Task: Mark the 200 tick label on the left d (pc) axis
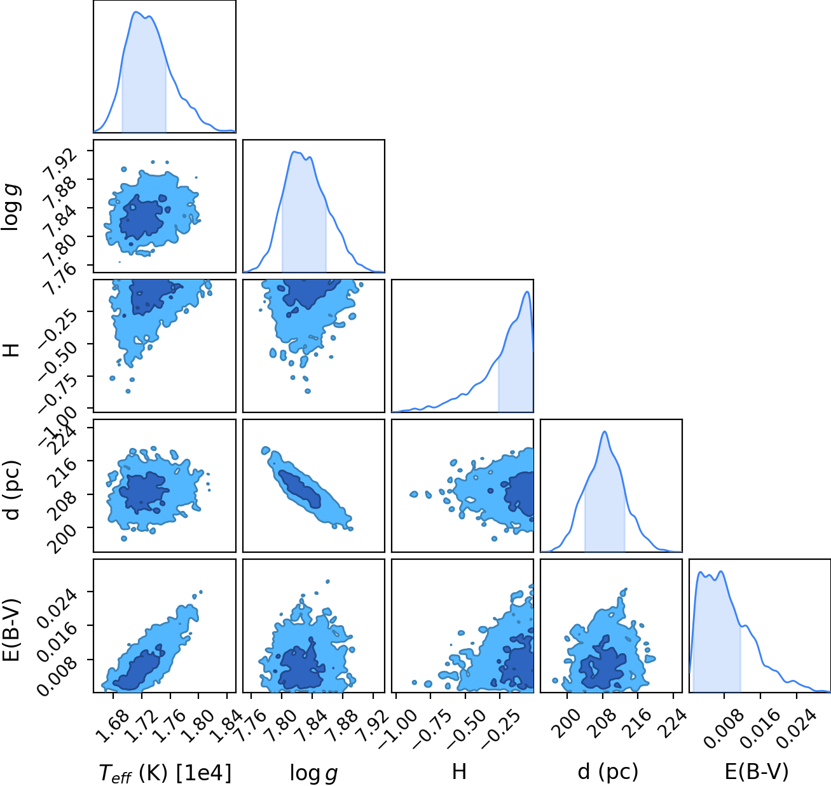[x=63, y=539]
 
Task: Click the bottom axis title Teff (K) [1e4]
[x=165, y=773]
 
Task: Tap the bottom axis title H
[x=459, y=771]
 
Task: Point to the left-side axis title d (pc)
[x=11, y=490]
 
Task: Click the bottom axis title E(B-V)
[x=757, y=772]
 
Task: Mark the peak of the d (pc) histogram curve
[x=605, y=431]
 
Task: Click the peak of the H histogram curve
[x=526, y=292]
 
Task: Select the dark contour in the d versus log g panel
[x=299, y=489]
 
